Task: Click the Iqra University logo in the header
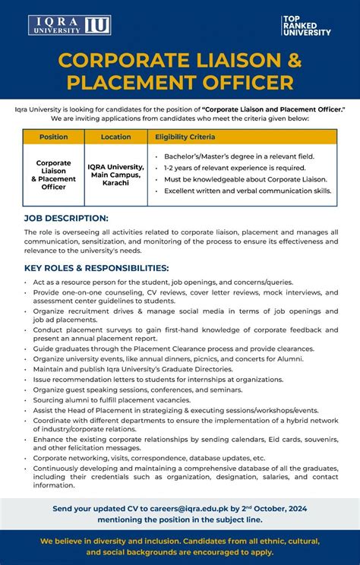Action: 70,25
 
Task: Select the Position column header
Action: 53,137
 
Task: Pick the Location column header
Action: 115,137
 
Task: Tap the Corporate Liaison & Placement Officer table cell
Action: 53,175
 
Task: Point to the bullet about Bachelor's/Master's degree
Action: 239,156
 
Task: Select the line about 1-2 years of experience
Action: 235,167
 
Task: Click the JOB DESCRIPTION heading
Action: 66,218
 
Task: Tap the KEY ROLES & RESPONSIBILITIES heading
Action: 96,268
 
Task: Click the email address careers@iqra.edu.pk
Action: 194,508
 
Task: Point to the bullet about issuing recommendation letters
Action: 158,379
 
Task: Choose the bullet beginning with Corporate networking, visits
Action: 149,458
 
